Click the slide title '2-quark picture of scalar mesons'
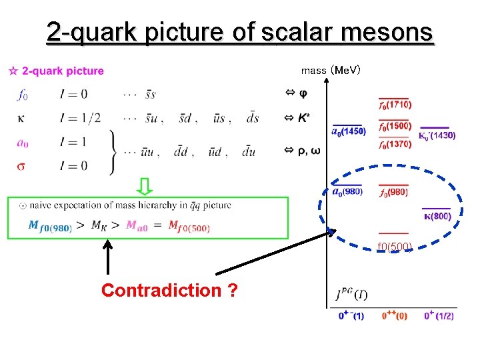240,32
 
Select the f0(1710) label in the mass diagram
395,105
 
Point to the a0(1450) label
349,131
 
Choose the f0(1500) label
395,126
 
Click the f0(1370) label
395,145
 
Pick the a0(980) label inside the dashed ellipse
347,192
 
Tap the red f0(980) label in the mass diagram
393,193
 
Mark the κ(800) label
437,215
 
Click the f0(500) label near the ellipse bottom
395,247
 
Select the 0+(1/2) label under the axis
439,316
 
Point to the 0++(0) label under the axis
394,316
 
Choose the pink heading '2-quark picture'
63,71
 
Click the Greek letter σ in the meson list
22,165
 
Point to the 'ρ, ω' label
307,151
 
